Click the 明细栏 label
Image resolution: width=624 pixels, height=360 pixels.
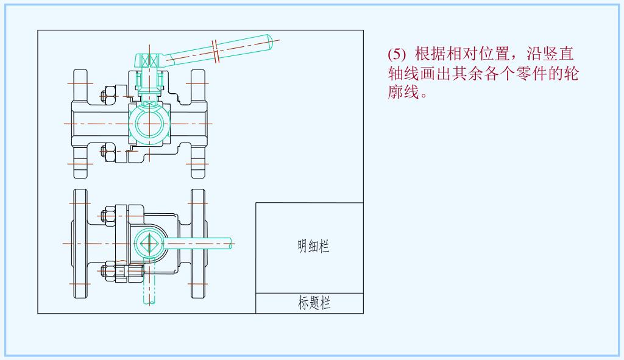point(313,247)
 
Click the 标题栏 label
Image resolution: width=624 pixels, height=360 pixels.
point(314,303)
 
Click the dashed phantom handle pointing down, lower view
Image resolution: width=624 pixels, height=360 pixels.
point(146,289)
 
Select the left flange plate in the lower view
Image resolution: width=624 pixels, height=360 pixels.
point(80,244)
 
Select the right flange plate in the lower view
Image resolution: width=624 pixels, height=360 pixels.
point(198,244)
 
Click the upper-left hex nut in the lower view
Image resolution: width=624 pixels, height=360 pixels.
point(108,216)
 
